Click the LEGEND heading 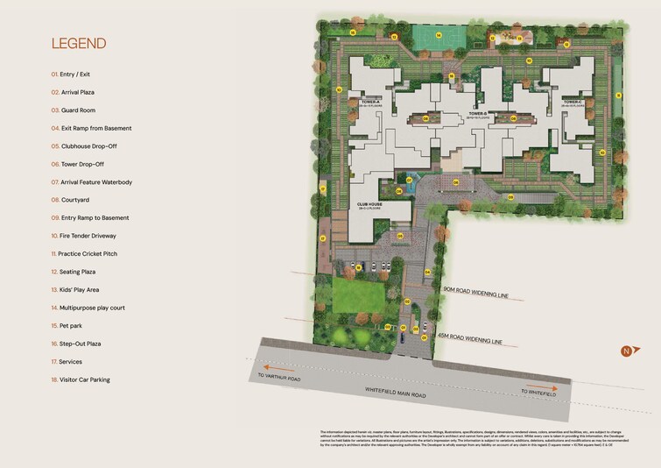[79, 43]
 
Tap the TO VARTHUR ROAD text [279, 378]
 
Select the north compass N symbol [625, 351]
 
